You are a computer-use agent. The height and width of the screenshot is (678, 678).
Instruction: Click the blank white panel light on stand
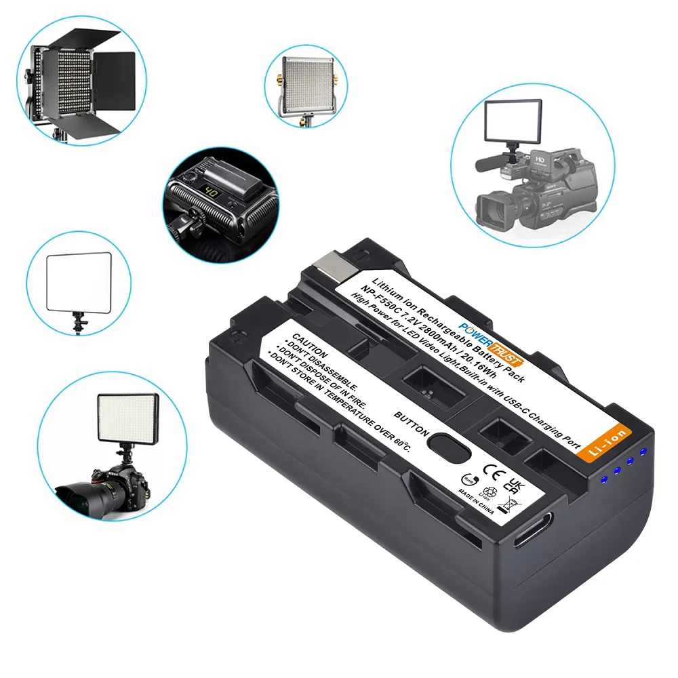79,279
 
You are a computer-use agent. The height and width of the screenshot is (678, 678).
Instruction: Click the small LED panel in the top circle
304,83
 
